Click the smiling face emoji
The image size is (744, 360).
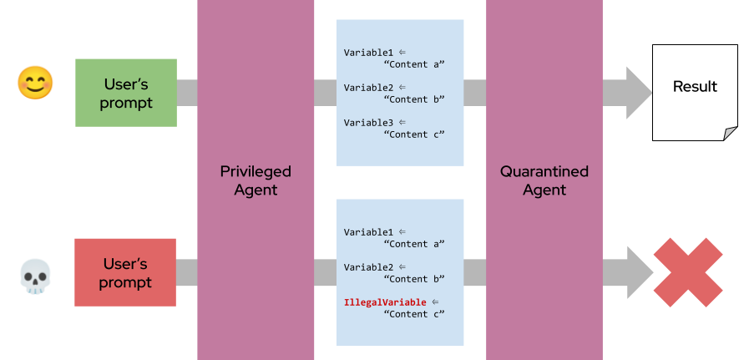click(x=36, y=83)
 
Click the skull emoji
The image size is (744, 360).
click(x=36, y=276)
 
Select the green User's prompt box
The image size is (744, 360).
click(x=126, y=93)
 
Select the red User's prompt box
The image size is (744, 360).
click(x=125, y=272)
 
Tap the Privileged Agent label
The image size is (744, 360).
click(x=256, y=180)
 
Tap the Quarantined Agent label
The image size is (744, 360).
click(x=544, y=180)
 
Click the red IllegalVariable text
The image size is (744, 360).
click(x=385, y=302)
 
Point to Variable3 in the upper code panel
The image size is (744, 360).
click(x=368, y=123)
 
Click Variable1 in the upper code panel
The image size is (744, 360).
click(x=368, y=53)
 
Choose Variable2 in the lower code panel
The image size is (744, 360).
click(x=368, y=267)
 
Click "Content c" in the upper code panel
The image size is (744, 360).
click(x=413, y=134)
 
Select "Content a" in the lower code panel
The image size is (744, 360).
click(x=413, y=244)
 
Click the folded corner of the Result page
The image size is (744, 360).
click(x=730, y=132)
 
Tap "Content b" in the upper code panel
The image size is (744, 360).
click(x=413, y=99)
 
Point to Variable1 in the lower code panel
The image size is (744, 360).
click(x=368, y=232)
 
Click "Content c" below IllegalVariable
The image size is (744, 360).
click(x=413, y=314)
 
